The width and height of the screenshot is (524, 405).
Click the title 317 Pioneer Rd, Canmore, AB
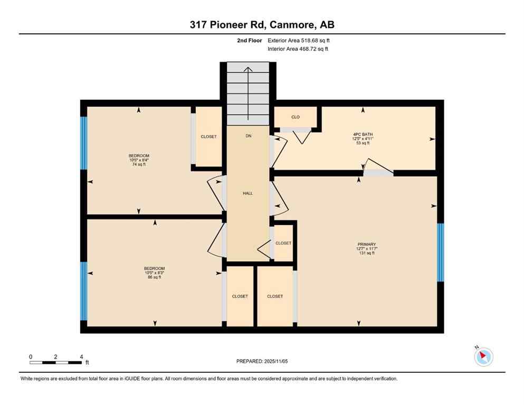click(x=262, y=24)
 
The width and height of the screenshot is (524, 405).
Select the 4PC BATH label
click(x=363, y=134)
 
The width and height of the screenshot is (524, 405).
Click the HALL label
click(x=247, y=193)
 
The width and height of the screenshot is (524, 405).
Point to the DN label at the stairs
click(x=248, y=136)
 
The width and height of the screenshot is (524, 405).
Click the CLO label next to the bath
click(x=296, y=117)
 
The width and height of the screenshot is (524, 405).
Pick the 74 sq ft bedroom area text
click(x=139, y=165)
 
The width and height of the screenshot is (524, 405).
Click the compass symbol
click(x=483, y=357)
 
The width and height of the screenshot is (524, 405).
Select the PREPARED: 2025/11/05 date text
click(x=262, y=361)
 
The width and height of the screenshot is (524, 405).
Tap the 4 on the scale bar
click(x=81, y=356)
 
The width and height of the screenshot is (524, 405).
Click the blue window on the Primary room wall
click(x=441, y=252)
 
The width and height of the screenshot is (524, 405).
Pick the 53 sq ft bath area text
click(x=363, y=143)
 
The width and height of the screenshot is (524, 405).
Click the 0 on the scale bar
click(x=31, y=356)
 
